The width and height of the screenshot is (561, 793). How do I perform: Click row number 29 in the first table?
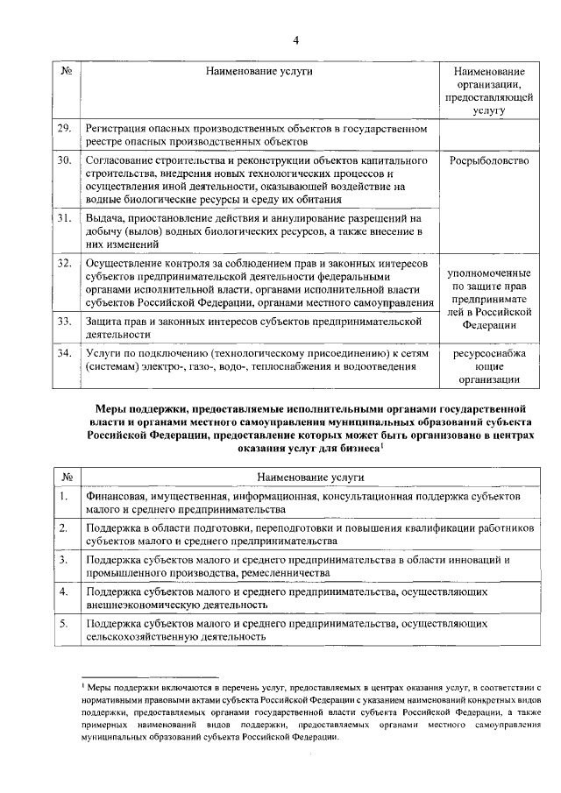point(64,129)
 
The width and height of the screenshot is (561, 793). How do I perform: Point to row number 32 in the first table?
point(64,262)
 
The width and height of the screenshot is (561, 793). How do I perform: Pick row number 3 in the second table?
point(63,559)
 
